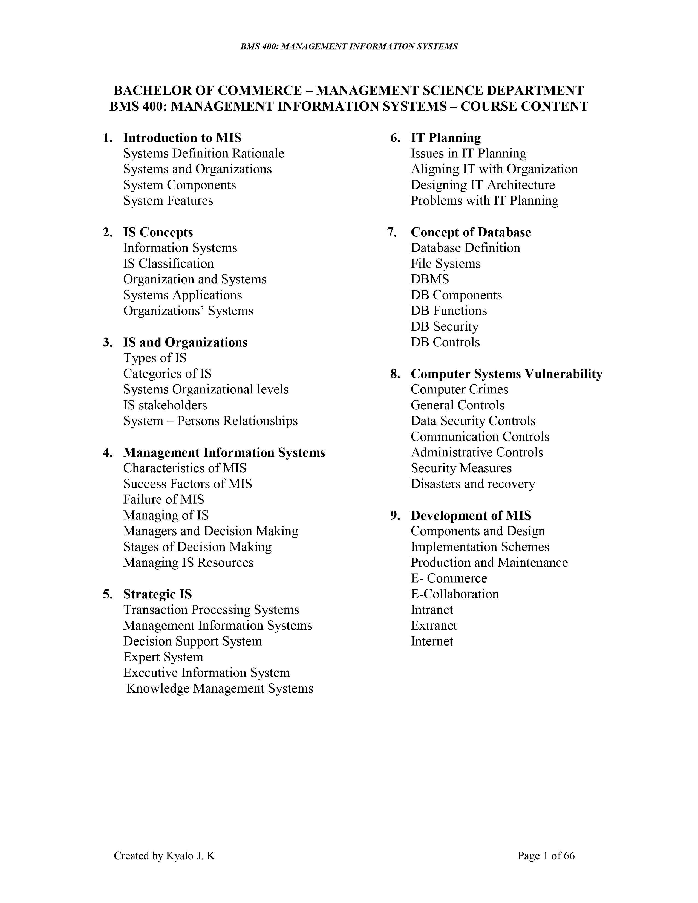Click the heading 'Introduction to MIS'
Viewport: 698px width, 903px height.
pyautogui.click(x=182, y=138)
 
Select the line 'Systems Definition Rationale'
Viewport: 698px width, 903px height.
pyautogui.click(x=203, y=154)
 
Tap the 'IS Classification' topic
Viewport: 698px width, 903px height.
pyautogui.click(x=168, y=263)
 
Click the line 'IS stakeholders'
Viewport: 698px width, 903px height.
pyautogui.click(x=165, y=405)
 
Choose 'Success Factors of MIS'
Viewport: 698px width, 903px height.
pyautogui.click(x=187, y=484)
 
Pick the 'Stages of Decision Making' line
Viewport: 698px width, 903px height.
pyautogui.click(x=197, y=547)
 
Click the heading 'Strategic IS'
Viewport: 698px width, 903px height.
pyautogui.click(x=158, y=594)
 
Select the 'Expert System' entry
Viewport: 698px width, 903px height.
pyautogui.click(x=163, y=657)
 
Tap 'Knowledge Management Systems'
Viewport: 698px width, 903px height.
pyautogui.click(x=220, y=688)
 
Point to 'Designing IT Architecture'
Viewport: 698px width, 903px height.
pyautogui.click(x=483, y=185)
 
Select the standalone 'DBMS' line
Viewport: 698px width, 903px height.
pyautogui.click(x=430, y=279)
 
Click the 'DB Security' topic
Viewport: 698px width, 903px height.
pyautogui.click(x=445, y=326)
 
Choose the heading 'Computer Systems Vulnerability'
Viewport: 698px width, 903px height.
pyautogui.click(x=506, y=374)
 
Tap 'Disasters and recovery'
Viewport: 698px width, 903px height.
pyautogui.click(x=473, y=484)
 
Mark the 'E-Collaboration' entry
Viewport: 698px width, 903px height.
pyautogui.click(x=454, y=594)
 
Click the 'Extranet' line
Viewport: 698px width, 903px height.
pyautogui.click(x=434, y=626)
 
